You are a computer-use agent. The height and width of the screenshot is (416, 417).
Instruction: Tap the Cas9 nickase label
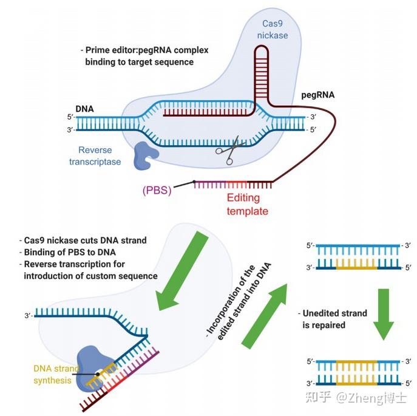(x=274, y=29)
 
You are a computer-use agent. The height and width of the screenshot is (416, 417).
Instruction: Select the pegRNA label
(x=318, y=95)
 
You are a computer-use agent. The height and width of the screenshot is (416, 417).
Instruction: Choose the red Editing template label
(x=247, y=205)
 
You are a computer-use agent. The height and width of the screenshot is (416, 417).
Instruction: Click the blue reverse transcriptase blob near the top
(x=145, y=155)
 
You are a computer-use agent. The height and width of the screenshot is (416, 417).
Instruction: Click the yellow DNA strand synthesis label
(x=56, y=375)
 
